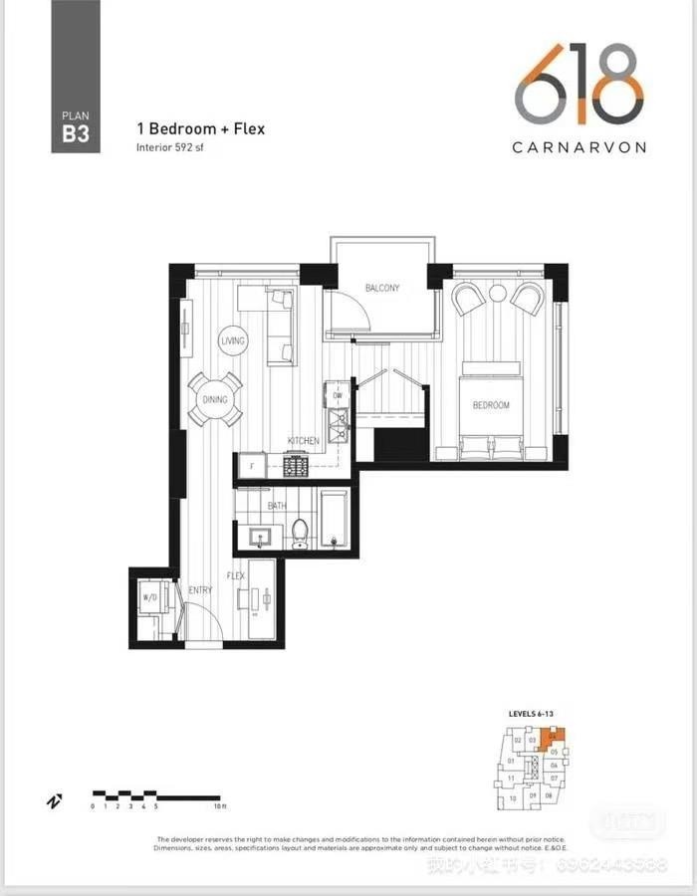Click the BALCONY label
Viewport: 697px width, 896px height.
pyautogui.click(x=382, y=289)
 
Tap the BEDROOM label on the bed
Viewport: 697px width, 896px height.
pyautogui.click(x=491, y=405)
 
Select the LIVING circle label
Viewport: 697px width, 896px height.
pyautogui.click(x=232, y=340)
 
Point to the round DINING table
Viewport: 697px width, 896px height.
pyautogui.click(x=216, y=399)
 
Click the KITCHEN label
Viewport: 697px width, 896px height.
pyautogui.click(x=304, y=440)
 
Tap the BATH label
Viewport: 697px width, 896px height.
pyautogui.click(x=277, y=506)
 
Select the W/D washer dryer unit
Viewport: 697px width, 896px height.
pyautogui.click(x=151, y=599)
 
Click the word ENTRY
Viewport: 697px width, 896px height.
pyautogui.click(x=200, y=590)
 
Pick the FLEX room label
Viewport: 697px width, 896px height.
pyautogui.click(x=236, y=576)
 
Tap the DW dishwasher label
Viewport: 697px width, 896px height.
pyautogui.click(x=338, y=396)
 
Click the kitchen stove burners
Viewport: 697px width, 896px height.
pyautogui.click(x=296, y=465)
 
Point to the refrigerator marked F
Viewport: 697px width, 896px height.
pyautogui.click(x=252, y=466)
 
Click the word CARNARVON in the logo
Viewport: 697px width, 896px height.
pyautogui.click(x=579, y=146)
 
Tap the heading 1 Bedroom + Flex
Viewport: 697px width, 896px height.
pyautogui.click(x=200, y=129)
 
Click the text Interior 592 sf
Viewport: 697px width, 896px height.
pyautogui.click(x=170, y=147)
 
